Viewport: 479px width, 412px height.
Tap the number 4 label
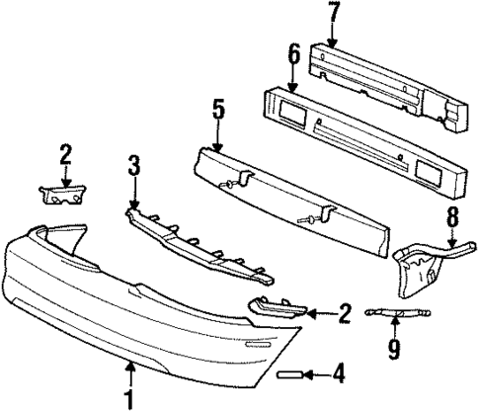[338, 374]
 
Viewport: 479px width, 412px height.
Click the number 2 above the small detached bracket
[64, 154]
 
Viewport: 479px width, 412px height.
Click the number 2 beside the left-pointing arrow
[345, 315]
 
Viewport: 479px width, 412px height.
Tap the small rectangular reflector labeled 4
[292, 374]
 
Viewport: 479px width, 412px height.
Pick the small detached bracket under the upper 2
[61, 194]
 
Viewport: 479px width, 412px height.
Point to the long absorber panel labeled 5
[296, 198]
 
